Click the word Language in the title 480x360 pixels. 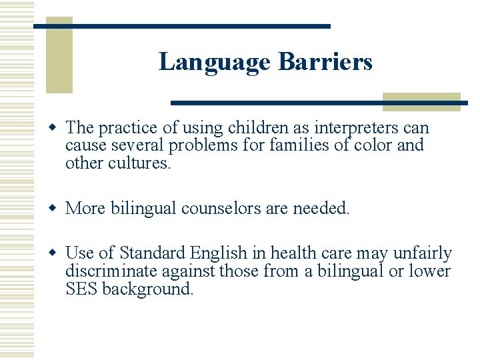point(215,62)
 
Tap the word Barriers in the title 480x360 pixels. point(325,62)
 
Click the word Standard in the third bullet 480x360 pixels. point(153,254)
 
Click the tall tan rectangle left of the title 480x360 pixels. point(59,57)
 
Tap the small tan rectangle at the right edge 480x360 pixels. point(421,101)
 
